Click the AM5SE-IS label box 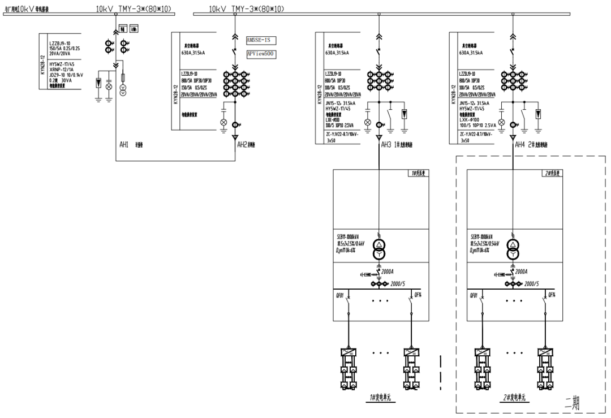pos(261,41)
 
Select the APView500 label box pos(261,54)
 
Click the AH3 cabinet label pos(386,145)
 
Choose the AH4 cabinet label pos(519,145)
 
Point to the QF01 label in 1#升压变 pos(340,295)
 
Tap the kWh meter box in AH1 pos(134,29)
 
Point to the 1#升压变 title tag pos(419,174)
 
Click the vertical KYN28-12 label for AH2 pos(175,94)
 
